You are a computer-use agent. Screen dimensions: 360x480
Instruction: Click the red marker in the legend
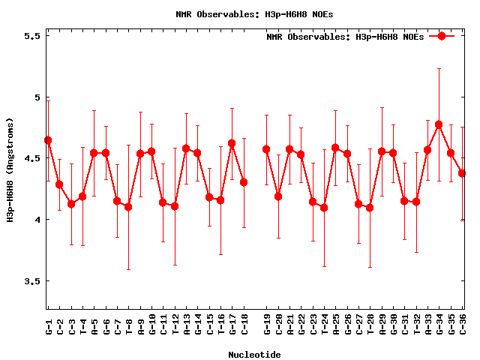pyautogui.click(x=442, y=36)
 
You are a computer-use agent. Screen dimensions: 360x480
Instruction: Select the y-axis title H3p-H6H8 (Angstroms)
pyautogui.click(x=10, y=169)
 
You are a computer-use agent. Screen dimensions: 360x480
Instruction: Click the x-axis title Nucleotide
pyautogui.click(x=255, y=355)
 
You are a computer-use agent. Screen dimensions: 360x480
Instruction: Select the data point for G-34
pyautogui.click(x=439, y=124)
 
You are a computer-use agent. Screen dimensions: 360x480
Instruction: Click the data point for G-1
pyautogui.click(x=48, y=140)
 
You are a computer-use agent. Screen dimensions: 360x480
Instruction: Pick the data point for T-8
pyautogui.click(x=128, y=207)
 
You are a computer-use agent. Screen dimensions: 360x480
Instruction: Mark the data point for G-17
pyautogui.click(x=232, y=143)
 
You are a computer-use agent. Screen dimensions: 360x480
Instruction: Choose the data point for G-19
pyautogui.click(x=266, y=149)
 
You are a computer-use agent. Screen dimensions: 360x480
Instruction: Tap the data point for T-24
pyautogui.click(x=324, y=208)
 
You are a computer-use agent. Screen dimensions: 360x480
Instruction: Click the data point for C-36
pyautogui.click(x=462, y=173)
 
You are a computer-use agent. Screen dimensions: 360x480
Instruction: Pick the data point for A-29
pyautogui.click(x=382, y=151)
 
